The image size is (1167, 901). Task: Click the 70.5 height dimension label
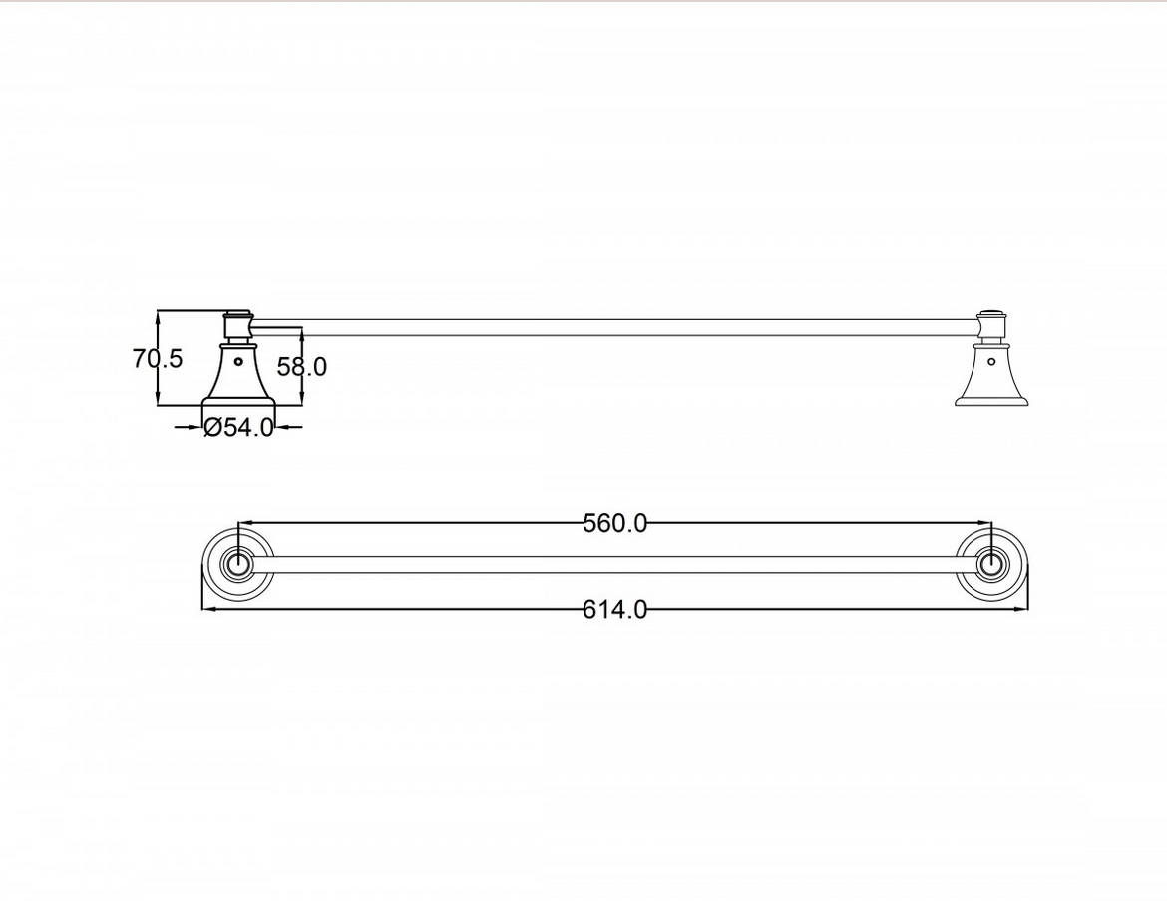click(x=158, y=359)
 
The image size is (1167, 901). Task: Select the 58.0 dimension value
click(x=301, y=367)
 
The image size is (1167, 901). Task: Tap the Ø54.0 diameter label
click(x=238, y=428)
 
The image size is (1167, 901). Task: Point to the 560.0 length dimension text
click(x=614, y=523)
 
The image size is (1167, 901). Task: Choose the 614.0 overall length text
click(x=614, y=609)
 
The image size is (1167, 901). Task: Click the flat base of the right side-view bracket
click(x=991, y=401)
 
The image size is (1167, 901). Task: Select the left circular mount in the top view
click(x=238, y=565)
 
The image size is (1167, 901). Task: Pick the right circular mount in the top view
click(x=991, y=565)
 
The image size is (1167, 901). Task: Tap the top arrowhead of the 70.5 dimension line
click(x=158, y=316)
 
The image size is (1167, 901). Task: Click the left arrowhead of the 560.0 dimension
click(x=244, y=522)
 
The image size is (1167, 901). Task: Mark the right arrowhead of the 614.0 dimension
click(x=1022, y=608)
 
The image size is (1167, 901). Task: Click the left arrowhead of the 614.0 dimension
click(x=208, y=608)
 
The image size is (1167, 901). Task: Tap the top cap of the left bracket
click(x=237, y=317)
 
